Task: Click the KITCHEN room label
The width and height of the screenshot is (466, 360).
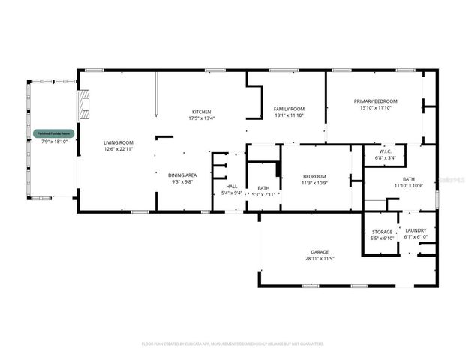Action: click(200, 112)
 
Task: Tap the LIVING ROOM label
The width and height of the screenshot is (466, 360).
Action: click(118, 142)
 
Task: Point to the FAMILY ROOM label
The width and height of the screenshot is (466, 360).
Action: click(288, 109)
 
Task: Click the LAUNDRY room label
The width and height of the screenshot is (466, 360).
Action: click(416, 231)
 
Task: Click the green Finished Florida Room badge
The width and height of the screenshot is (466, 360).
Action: click(55, 133)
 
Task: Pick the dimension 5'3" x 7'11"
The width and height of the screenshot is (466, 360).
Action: click(263, 193)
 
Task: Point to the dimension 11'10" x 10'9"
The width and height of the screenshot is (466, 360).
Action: click(409, 185)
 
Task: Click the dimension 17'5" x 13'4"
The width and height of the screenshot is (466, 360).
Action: click(200, 118)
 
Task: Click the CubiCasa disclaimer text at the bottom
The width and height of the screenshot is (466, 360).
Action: click(233, 343)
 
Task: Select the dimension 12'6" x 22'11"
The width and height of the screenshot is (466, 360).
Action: click(118, 148)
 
